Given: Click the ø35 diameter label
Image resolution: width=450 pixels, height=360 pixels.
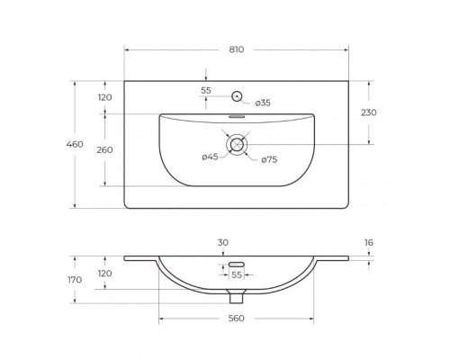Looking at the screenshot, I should pos(263,103).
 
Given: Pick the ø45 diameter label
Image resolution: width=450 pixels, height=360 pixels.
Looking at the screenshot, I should pos(210,158).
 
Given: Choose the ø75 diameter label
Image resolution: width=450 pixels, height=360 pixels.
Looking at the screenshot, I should pos(269,160).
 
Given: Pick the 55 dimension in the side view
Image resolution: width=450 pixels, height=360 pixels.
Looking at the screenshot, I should pos(238,274).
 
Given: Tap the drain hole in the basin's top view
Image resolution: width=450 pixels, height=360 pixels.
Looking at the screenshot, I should pos(238,144).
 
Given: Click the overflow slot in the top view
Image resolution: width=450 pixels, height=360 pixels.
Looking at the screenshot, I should pos(238,116).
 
